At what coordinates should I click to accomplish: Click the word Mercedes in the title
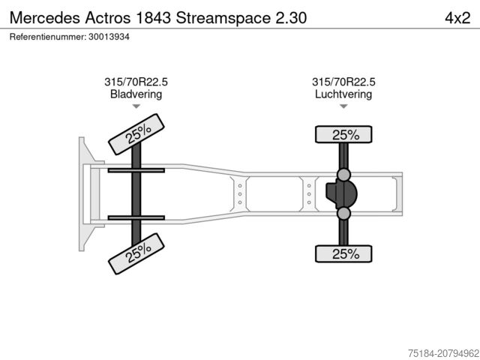[x=40, y=17]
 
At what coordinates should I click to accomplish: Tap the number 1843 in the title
[x=149, y=17]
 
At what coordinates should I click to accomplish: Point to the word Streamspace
[x=218, y=17]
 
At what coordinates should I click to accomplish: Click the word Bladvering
[x=136, y=94]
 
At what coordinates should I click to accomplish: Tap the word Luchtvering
[x=343, y=94]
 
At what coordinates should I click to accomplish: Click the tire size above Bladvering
[x=136, y=82]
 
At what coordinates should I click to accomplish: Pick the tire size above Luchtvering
[x=343, y=82]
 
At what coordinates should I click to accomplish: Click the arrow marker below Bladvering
[x=136, y=107]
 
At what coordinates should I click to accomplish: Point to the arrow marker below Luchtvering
[x=343, y=107]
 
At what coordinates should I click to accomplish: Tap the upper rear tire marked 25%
[x=344, y=135]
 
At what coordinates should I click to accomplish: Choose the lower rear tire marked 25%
[x=344, y=254]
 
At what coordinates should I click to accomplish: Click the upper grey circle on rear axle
[x=344, y=175]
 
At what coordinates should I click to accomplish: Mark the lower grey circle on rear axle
[x=344, y=214]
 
